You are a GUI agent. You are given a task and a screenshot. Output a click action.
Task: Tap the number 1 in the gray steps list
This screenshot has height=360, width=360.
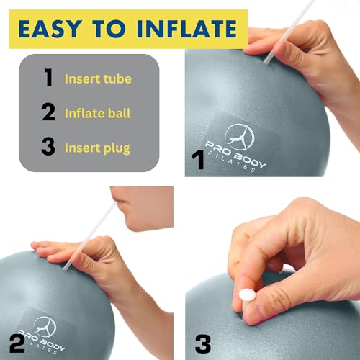[48, 78]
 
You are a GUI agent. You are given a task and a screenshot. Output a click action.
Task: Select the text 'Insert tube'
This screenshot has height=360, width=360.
[98, 78]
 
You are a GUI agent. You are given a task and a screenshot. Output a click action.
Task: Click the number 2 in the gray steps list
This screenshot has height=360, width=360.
[48, 113]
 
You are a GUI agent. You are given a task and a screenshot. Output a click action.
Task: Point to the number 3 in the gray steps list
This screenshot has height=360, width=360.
[48, 148]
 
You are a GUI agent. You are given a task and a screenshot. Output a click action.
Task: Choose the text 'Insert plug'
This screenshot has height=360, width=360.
[98, 148]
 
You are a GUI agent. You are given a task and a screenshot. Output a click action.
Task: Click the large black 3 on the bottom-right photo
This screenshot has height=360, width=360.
[203, 341]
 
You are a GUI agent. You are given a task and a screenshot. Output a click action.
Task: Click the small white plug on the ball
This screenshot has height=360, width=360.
[247, 295]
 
